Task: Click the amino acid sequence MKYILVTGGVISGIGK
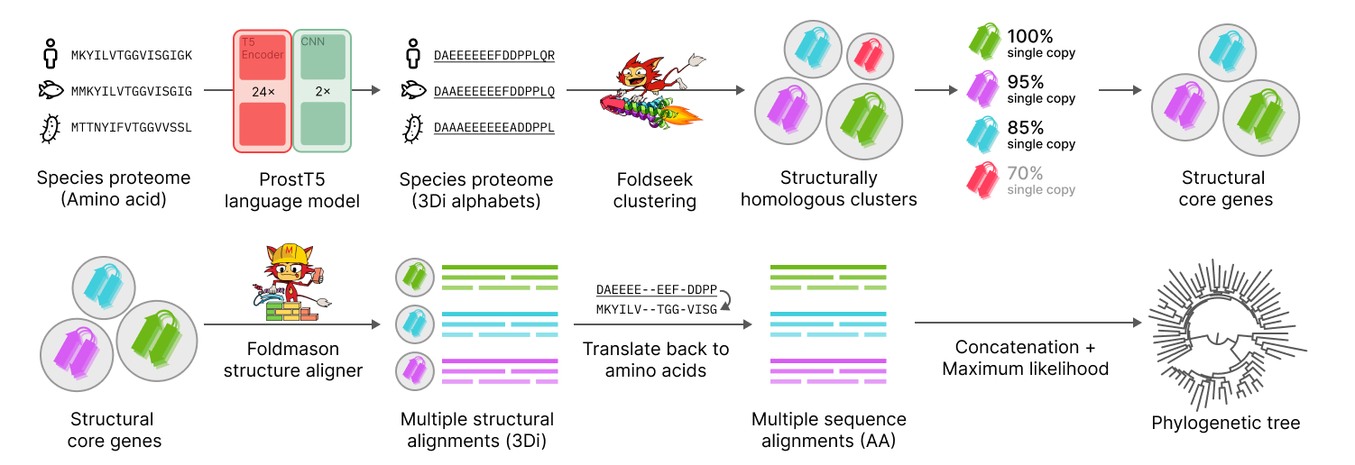pyautogui.click(x=132, y=55)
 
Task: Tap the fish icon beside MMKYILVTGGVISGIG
pyautogui.click(x=53, y=91)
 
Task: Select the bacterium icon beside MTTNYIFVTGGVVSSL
pyautogui.click(x=52, y=128)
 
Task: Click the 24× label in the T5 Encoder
pyautogui.click(x=263, y=90)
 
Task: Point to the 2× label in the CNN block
pyautogui.click(x=322, y=90)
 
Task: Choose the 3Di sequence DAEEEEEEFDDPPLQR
pyautogui.click(x=493, y=55)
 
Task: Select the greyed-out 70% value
pyautogui.click(x=1025, y=173)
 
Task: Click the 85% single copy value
pyautogui.click(x=1025, y=127)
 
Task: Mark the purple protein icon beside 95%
pyautogui.click(x=982, y=88)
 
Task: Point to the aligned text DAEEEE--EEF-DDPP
pyautogui.click(x=656, y=290)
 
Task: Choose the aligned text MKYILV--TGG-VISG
pyautogui.click(x=656, y=310)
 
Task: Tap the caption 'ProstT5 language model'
pyautogui.click(x=292, y=190)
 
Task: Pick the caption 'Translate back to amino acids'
pyautogui.click(x=656, y=359)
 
